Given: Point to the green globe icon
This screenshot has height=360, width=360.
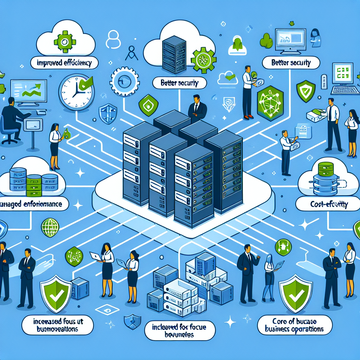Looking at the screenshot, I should (x=49, y=227).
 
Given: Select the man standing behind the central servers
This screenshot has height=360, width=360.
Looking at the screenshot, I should (x=197, y=109).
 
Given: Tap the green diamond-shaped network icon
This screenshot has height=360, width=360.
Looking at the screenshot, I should (x=74, y=255).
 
